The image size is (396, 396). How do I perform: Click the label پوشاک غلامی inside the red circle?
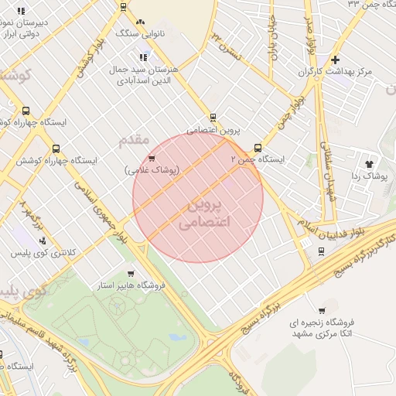[152, 169]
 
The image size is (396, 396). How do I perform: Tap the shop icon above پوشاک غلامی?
[152, 159]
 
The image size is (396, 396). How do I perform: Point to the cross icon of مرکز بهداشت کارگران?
[334, 60]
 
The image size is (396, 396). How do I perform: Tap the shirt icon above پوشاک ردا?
[369, 164]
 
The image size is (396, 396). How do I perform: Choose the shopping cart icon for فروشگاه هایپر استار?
[130, 274]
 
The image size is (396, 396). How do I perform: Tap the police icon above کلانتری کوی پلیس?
[42, 241]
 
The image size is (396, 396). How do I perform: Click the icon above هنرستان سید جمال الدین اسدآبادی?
[142, 56]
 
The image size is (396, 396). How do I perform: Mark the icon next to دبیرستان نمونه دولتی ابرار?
[21, 12]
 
